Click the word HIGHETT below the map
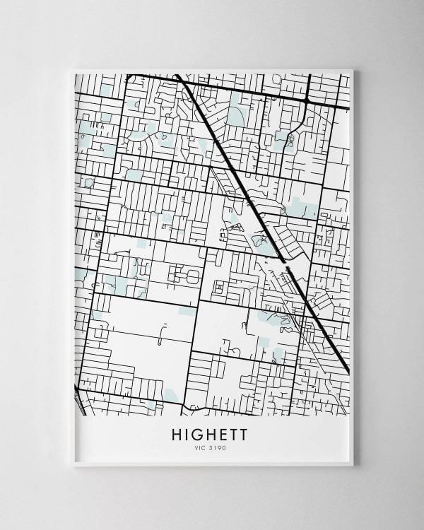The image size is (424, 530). [x=210, y=434]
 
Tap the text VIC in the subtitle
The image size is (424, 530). [x=199, y=448]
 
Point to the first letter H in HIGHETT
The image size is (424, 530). [x=177, y=434]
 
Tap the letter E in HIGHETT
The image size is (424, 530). [x=229, y=434]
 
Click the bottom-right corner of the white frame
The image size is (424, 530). [x=353, y=465]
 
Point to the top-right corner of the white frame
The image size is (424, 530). [x=353, y=69]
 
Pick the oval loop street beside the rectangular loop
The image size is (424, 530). [x=192, y=278]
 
